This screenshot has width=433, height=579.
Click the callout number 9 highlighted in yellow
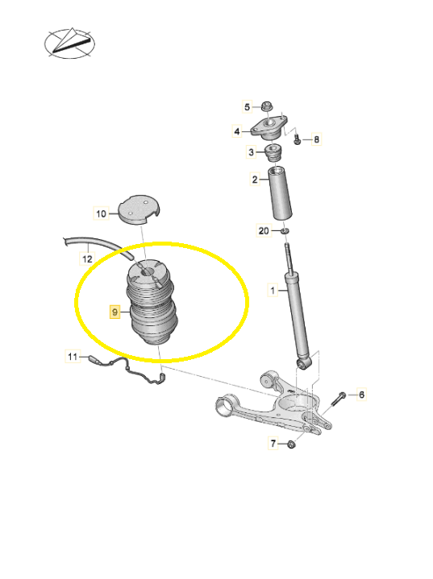click(115, 312)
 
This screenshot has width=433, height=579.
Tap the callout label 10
click(101, 213)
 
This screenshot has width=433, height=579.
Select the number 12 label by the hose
click(87, 258)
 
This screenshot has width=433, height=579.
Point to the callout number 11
click(73, 356)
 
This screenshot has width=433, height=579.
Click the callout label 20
click(264, 231)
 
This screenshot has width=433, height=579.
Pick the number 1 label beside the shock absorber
click(273, 290)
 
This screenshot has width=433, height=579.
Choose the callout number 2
click(255, 180)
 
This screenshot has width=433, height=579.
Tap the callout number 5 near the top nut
click(248, 107)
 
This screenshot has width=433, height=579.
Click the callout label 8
click(317, 139)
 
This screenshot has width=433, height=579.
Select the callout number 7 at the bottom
click(273, 443)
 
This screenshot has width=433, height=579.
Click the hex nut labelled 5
click(266, 107)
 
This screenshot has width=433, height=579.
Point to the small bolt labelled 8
click(297, 139)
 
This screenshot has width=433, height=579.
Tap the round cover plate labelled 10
click(139, 209)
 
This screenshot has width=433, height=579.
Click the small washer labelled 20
click(284, 231)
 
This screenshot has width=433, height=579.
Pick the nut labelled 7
click(291, 444)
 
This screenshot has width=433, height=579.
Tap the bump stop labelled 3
click(274, 153)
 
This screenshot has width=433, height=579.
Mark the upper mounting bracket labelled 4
click(269, 128)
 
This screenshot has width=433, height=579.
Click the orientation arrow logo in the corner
click(69, 43)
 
